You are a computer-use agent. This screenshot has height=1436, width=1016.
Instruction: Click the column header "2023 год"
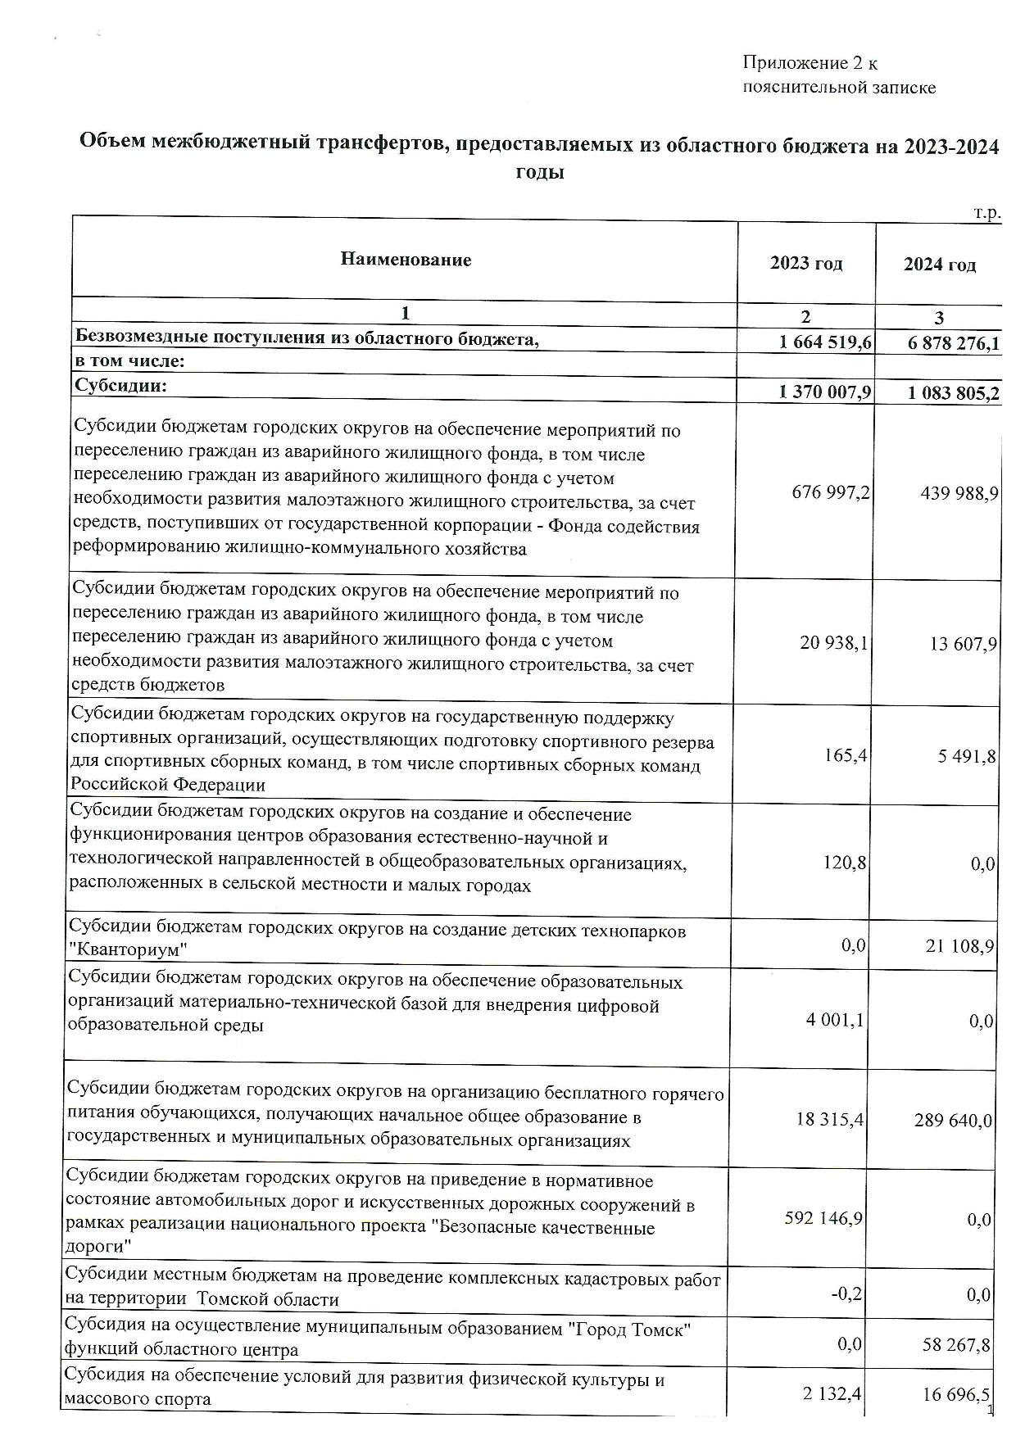pyautogui.click(x=806, y=264)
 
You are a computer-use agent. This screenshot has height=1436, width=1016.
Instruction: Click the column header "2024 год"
pyautogui.click(x=940, y=265)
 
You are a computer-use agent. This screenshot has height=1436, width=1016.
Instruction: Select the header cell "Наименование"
pyautogui.click(x=406, y=260)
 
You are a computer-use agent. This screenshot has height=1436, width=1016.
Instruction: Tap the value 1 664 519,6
pyautogui.click(x=826, y=342)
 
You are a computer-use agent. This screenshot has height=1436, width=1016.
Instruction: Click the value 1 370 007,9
pyautogui.click(x=826, y=393)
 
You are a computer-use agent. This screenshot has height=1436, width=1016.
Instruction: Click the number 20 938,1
pyautogui.click(x=834, y=644)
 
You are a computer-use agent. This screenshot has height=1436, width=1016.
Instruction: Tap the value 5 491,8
pyautogui.click(x=968, y=756)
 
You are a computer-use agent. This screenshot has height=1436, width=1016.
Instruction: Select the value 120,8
pyautogui.click(x=847, y=862)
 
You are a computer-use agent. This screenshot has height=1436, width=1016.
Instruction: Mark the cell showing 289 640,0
pyautogui.click(x=953, y=1120)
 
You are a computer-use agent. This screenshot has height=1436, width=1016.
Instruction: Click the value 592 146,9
pyautogui.click(x=823, y=1218)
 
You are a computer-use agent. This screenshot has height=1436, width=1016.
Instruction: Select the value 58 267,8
pyautogui.click(x=956, y=1344)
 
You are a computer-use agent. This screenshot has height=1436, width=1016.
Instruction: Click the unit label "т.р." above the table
pyautogui.click(x=987, y=214)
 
